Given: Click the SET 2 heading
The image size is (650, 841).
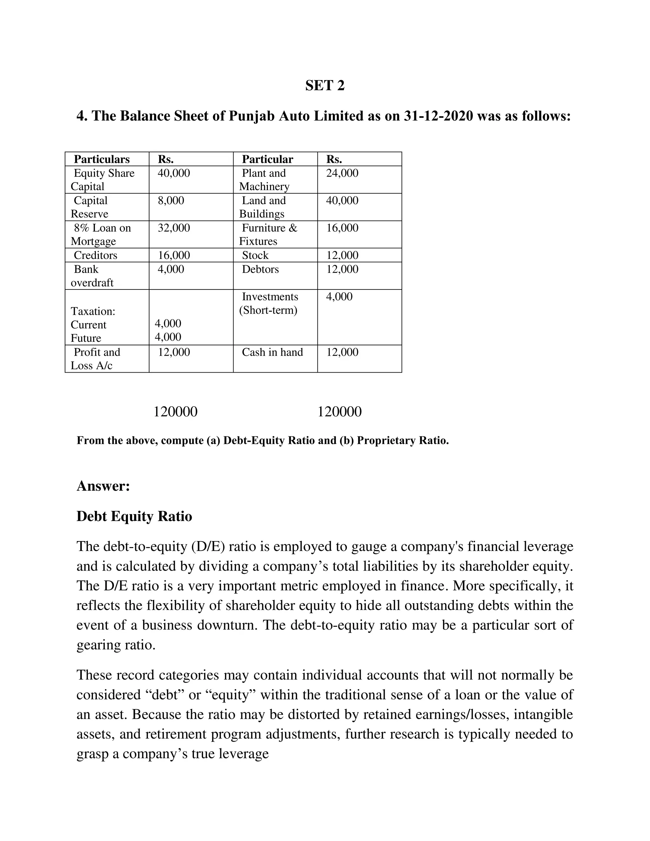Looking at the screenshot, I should pyautogui.click(x=325, y=85).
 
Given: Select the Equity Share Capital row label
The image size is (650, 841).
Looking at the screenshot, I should pyautogui.click(x=103, y=179).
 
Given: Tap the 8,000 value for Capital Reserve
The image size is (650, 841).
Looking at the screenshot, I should pyautogui.click(x=171, y=200).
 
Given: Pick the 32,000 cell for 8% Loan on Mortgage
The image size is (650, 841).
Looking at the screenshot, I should pyautogui.click(x=174, y=228).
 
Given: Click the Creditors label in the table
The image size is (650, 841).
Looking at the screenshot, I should pyautogui.click(x=95, y=255).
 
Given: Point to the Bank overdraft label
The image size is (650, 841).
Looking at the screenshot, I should pyautogui.click(x=92, y=276).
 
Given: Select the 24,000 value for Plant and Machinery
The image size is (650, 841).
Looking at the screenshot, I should pyautogui.click(x=342, y=173).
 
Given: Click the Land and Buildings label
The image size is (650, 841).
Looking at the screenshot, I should pyautogui.click(x=262, y=207).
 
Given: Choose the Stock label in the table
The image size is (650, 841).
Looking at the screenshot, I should pyautogui.click(x=255, y=255).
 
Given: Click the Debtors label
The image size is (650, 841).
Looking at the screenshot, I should pyautogui.click(x=260, y=269).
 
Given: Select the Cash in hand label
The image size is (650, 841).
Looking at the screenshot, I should pyautogui.click(x=272, y=352).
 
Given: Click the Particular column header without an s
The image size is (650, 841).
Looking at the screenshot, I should pyautogui.click(x=267, y=159).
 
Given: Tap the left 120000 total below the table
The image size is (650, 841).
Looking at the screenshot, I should pyautogui.click(x=175, y=412).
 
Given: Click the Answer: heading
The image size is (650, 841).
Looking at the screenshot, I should pyautogui.click(x=103, y=486).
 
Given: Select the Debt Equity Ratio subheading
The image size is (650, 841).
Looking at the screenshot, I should pyautogui.click(x=134, y=516).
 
